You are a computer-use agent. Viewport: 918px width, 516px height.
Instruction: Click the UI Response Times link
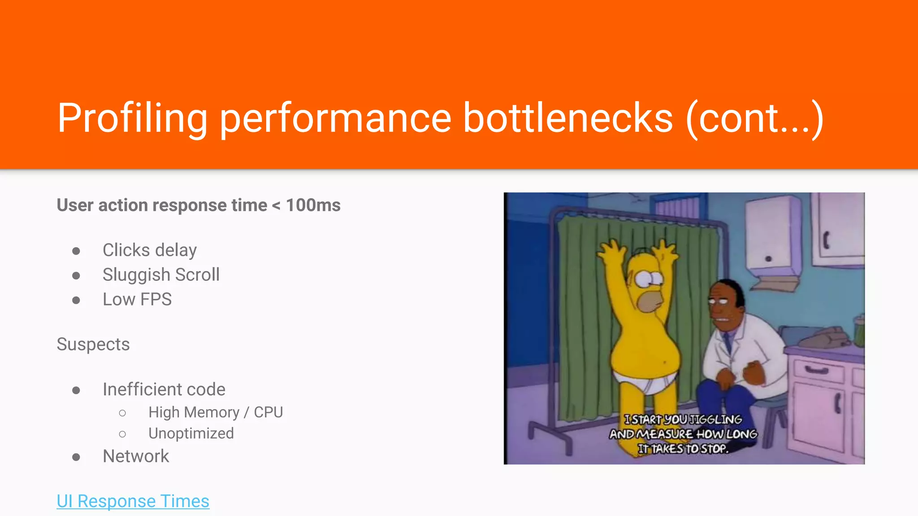tap(133, 501)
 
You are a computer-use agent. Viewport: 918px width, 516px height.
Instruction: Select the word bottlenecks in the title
tap(567, 118)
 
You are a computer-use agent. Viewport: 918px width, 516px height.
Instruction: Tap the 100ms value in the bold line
tap(313, 205)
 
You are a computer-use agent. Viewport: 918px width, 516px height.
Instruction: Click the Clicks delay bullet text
tap(149, 250)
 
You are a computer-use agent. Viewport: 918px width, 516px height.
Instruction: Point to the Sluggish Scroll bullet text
tap(161, 275)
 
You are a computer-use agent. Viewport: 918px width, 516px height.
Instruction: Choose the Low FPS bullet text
tap(137, 299)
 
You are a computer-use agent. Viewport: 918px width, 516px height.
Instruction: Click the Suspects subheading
tap(93, 344)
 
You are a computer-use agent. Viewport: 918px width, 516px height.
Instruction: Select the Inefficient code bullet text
tap(164, 389)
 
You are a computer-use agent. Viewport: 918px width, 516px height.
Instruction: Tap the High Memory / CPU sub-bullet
tap(216, 412)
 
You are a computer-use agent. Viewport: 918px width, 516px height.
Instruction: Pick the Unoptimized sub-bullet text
tap(191, 433)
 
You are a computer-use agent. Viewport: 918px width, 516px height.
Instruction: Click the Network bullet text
tap(136, 456)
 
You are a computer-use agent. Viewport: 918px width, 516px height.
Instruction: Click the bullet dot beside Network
tap(76, 457)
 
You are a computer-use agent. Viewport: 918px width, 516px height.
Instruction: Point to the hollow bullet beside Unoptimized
tap(122, 434)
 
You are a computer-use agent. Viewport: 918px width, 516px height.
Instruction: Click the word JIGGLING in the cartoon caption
tap(715, 420)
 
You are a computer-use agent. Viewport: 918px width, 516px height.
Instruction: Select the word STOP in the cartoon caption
tap(714, 448)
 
